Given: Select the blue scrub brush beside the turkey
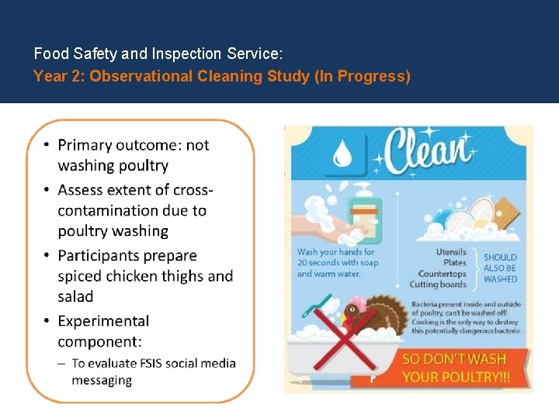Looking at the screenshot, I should coord(318,310).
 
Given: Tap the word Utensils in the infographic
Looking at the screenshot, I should coord(451,252).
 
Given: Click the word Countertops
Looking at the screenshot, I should coord(442,274).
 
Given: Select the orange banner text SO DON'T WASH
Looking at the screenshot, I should coord(454,359).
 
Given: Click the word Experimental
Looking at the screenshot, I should coord(103,320).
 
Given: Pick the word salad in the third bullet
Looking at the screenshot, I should coord(75,296).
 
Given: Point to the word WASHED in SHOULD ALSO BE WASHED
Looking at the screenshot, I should coord(500,279).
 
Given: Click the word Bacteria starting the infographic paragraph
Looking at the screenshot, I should coord(426,304).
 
